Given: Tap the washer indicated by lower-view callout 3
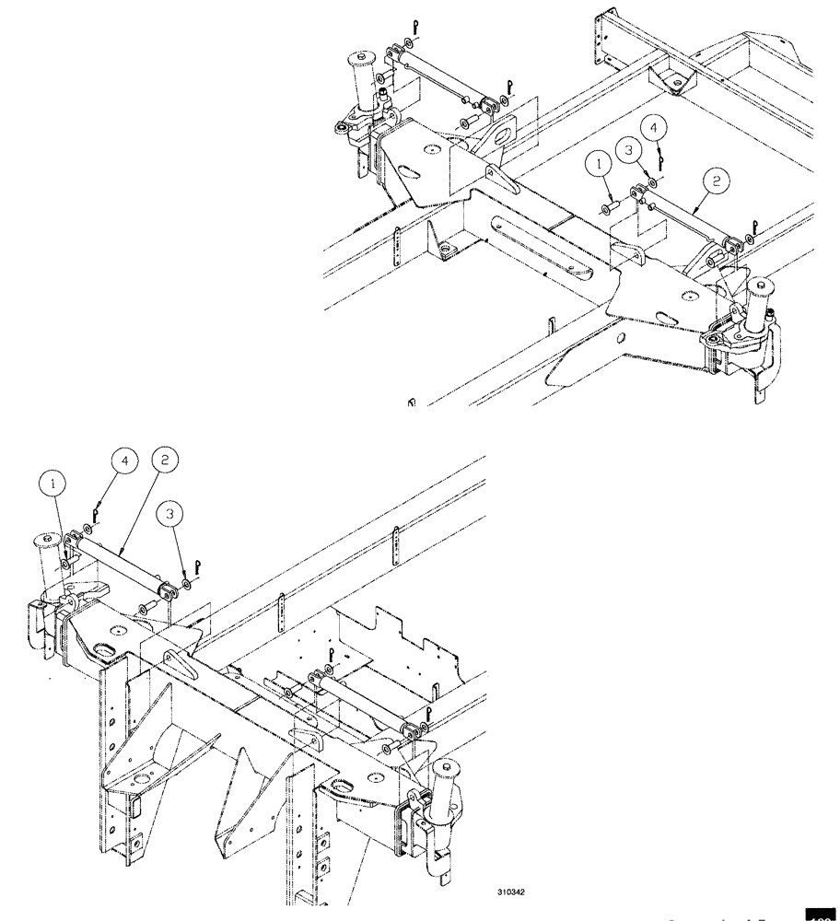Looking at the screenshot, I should coord(187,582).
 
